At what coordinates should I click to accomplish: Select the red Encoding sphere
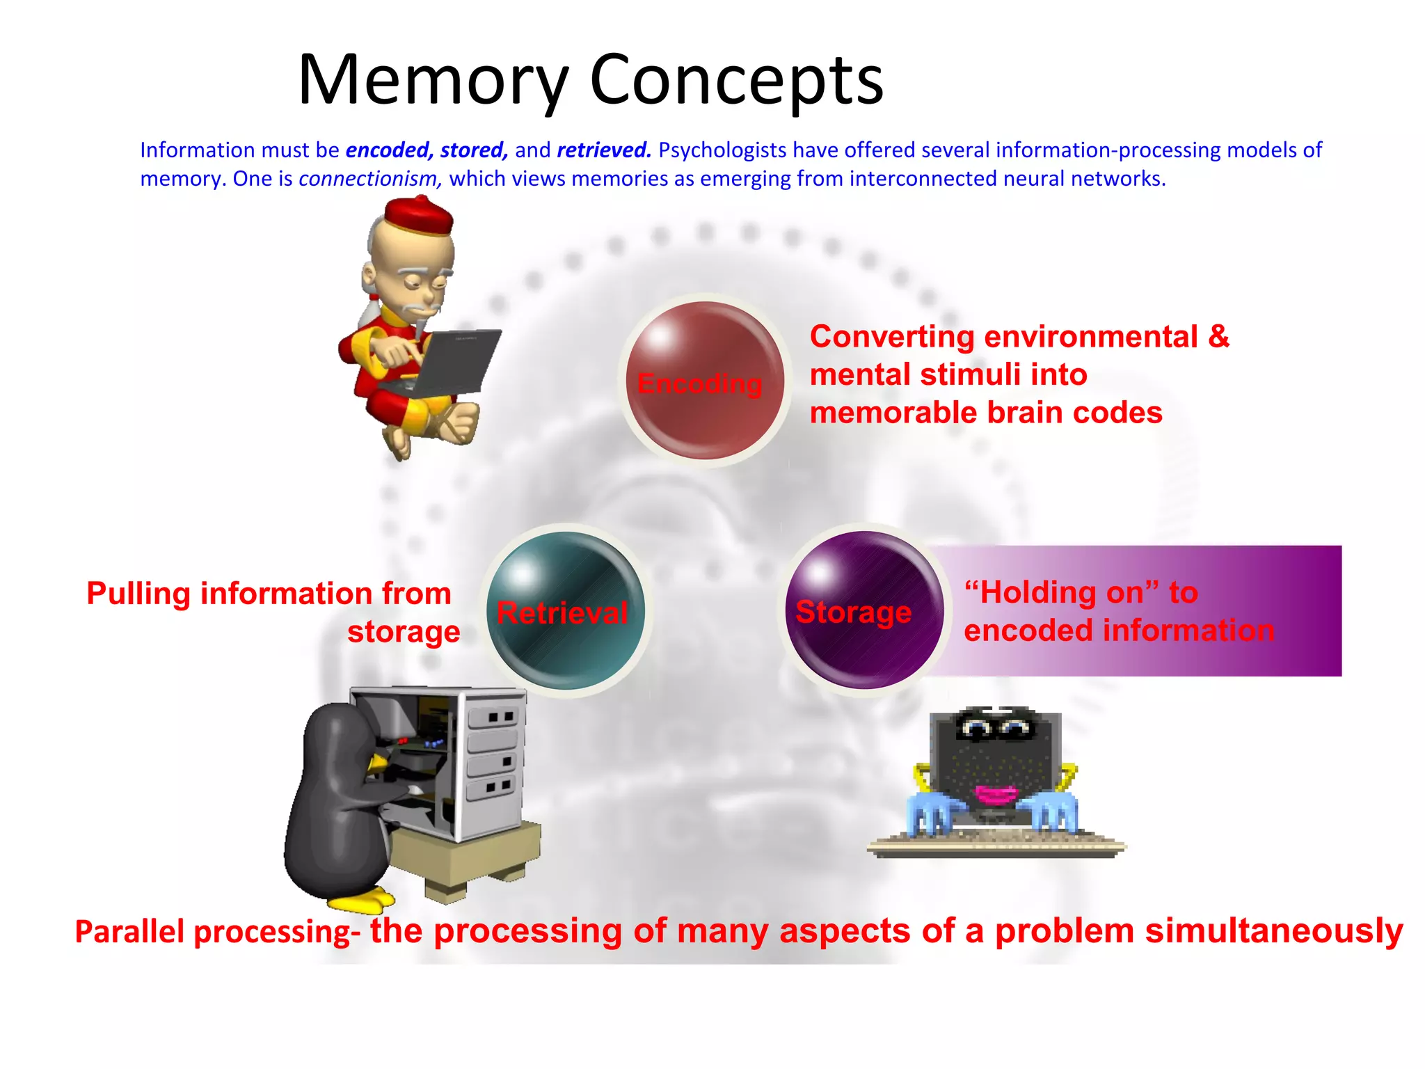pyautogui.click(x=704, y=381)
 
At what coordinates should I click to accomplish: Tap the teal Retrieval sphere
pyautogui.click(x=566, y=611)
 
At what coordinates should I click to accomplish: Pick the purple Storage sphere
pyautogui.click(x=863, y=610)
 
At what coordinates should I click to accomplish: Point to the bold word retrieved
pyautogui.click(x=603, y=150)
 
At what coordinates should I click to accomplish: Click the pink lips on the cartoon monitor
pyautogui.click(x=996, y=793)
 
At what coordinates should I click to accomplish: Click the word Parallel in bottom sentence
pyautogui.click(x=129, y=932)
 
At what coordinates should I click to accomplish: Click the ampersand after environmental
pyautogui.click(x=1218, y=337)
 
